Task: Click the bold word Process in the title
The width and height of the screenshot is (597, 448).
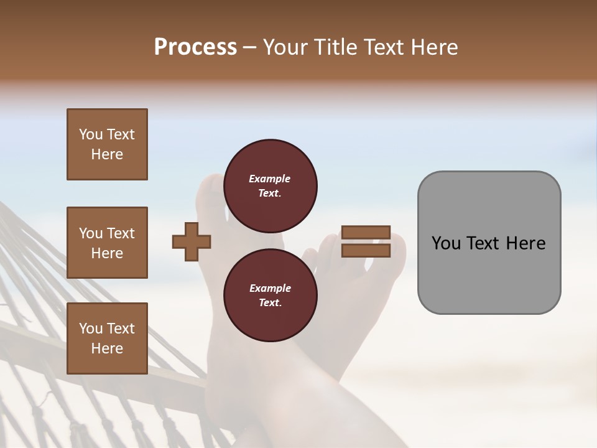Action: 195,47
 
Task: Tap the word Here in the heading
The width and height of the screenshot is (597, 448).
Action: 433,47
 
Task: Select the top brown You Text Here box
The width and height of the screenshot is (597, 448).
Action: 107,144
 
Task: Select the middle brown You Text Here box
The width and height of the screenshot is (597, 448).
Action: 107,243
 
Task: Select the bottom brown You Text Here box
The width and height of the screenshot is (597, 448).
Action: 107,338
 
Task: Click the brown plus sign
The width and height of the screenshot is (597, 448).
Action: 192,241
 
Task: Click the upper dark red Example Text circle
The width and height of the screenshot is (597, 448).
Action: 270,186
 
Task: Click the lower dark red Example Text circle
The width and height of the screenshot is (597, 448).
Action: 270,296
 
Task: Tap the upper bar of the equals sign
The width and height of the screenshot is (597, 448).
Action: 366,232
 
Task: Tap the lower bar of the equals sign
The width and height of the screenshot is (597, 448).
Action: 366,250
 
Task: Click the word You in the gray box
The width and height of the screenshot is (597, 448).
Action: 447,243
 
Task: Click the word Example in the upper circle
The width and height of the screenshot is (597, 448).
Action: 270,179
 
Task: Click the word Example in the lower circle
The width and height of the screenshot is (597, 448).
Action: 270,289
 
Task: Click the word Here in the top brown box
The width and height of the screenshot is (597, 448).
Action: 107,154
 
